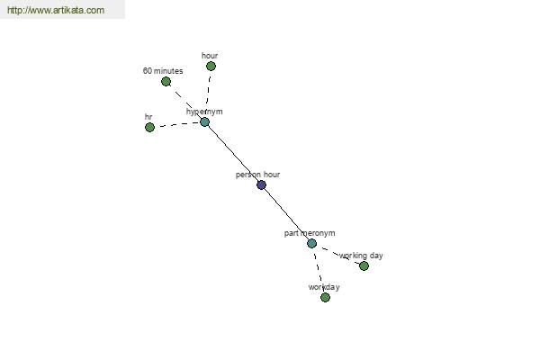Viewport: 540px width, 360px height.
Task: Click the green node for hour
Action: click(x=211, y=66)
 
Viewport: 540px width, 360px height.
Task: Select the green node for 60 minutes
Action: click(x=166, y=82)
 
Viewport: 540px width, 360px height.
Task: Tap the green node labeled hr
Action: click(x=149, y=128)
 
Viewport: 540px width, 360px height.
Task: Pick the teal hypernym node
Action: click(x=204, y=122)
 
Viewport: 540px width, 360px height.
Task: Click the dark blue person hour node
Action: click(x=261, y=185)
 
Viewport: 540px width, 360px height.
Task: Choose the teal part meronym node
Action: click(x=311, y=244)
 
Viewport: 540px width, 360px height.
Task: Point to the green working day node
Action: click(x=364, y=266)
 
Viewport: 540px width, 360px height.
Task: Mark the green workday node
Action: click(x=325, y=297)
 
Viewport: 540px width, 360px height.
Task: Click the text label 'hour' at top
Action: click(x=210, y=56)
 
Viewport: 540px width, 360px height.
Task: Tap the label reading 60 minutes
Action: click(x=163, y=71)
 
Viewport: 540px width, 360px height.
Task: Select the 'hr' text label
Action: click(x=148, y=117)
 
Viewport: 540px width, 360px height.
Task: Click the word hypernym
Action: click(x=204, y=112)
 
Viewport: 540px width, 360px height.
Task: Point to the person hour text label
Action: click(x=257, y=175)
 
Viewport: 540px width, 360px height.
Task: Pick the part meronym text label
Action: click(x=310, y=233)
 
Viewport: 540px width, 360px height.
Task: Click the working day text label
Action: click(x=361, y=256)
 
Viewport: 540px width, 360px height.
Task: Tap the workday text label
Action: click(x=324, y=287)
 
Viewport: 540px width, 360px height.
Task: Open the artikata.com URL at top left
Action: click(x=56, y=10)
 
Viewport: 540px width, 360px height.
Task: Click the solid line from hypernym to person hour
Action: click(x=233, y=154)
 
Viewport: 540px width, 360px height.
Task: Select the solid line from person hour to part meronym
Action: click(x=286, y=214)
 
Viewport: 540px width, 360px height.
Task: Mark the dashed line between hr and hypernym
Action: click(x=177, y=124)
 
